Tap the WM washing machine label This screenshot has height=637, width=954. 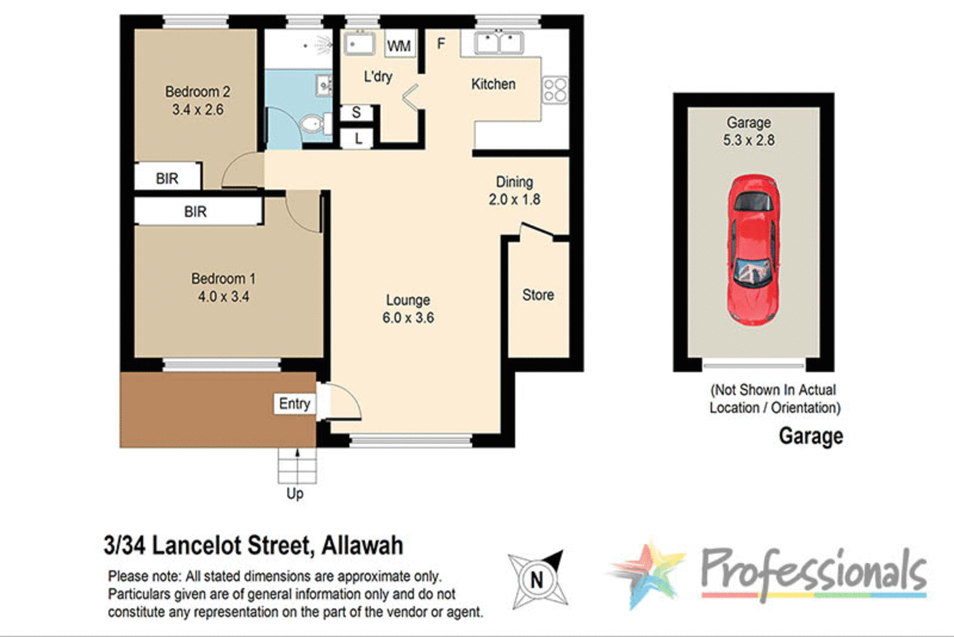pos(399,46)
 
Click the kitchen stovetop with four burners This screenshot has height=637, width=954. pos(555,90)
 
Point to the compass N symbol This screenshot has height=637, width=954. pos(537,580)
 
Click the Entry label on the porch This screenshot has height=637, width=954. pos(294,403)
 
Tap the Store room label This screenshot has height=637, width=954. pos(538,295)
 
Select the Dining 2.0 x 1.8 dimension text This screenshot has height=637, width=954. pos(515,199)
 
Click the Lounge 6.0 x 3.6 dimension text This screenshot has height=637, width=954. pos(408,318)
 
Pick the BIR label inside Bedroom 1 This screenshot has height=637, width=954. pos(195,212)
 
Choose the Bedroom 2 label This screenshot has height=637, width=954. pos(197,92)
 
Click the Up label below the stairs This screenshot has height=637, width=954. pos(294,494)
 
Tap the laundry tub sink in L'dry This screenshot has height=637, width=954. pos(359,45)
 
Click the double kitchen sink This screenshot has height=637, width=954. pos(499,43)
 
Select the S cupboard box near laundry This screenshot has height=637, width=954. pos(356,113)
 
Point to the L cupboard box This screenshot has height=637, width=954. pos(358,138)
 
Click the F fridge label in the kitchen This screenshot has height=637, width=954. pos(441,43)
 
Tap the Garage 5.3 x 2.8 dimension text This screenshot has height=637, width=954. pos(749,140)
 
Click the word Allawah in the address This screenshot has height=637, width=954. pos(362,545)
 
